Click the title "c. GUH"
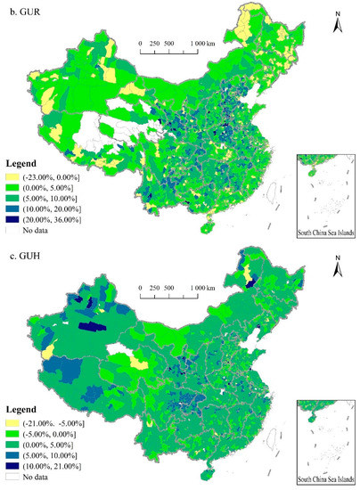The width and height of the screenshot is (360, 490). pos(26,253)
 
